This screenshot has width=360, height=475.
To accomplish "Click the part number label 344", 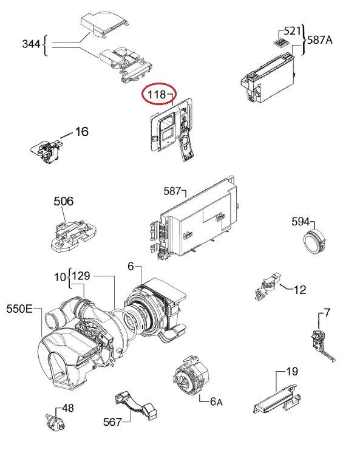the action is (x=31, y=44).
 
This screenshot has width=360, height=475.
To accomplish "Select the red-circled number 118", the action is (x=157, y=95).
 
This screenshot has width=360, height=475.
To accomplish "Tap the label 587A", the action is (x=320, y=39).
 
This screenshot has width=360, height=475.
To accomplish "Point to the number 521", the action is (x=292, y=31).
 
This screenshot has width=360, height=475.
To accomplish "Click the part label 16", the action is (x=82, y=131).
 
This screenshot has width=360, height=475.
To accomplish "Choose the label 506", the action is (x=64, y=201).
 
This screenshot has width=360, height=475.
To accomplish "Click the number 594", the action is (x=301, y=222).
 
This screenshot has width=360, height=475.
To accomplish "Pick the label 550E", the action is (x=19, y=309).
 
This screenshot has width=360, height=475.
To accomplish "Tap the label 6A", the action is (x=216, y=402).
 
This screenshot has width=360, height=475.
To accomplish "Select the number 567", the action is (x=112, y=422).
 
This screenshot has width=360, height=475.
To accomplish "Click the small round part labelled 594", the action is (x=315, y=241).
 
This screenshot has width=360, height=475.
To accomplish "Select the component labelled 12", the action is (x=267, y=286).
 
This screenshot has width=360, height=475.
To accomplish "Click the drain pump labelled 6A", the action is (x=191, y=375).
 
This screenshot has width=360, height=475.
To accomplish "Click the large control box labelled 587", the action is (x=194, y=218).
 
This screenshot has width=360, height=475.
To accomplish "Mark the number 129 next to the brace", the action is (x=81, y=276).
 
